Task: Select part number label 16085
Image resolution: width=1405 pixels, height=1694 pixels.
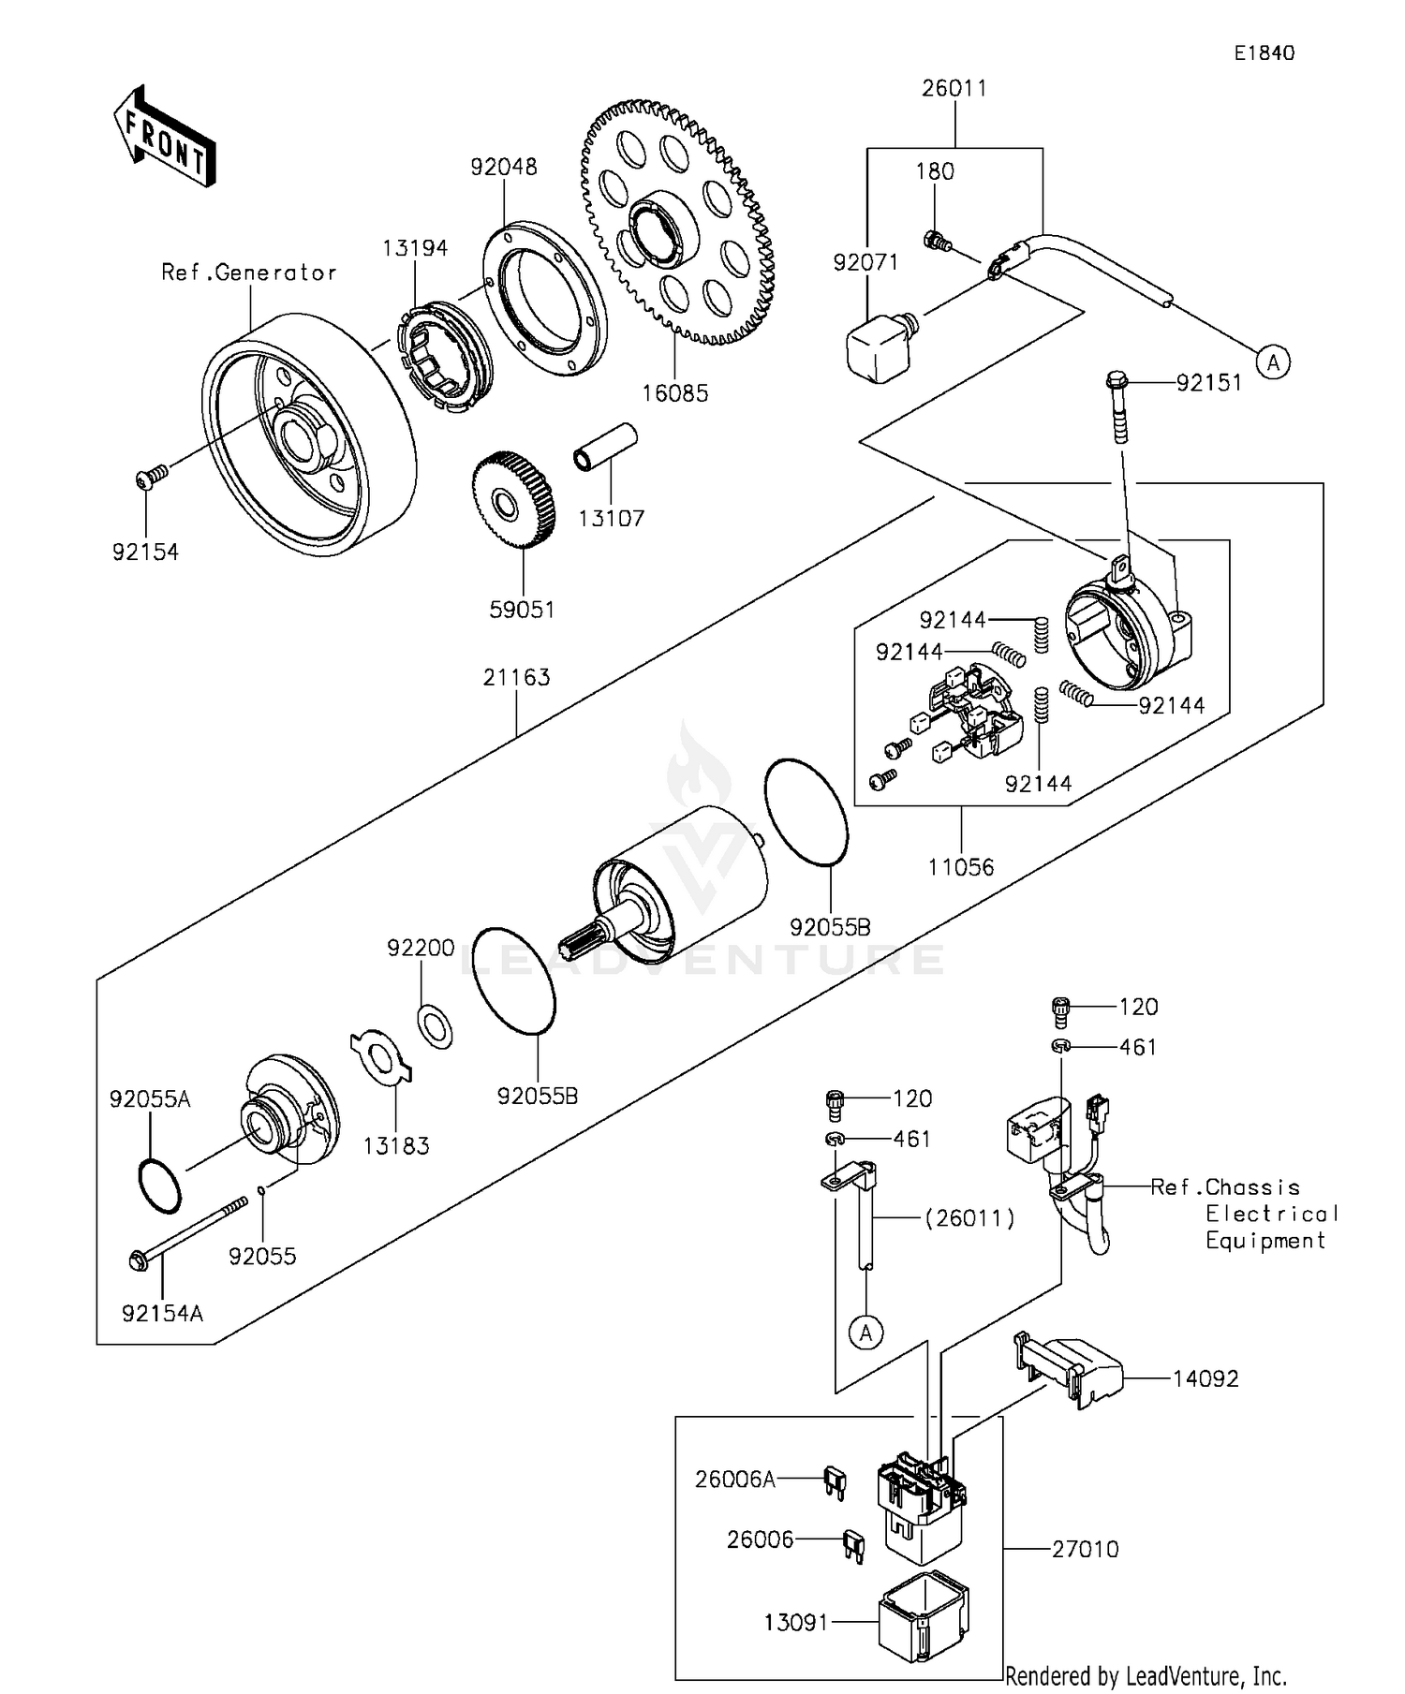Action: coord(674,394)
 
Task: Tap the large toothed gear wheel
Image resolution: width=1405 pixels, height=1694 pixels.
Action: coord(679,225)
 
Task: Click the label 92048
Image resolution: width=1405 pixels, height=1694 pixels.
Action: coord(504,168)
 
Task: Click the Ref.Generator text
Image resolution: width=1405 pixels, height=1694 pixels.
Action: coord(249,273)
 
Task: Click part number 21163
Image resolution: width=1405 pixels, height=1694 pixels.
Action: coord(516,677)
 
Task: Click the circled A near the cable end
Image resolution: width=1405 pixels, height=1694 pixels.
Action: coord(1273,361)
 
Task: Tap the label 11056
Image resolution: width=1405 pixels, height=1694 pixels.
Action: coord(960,867)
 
